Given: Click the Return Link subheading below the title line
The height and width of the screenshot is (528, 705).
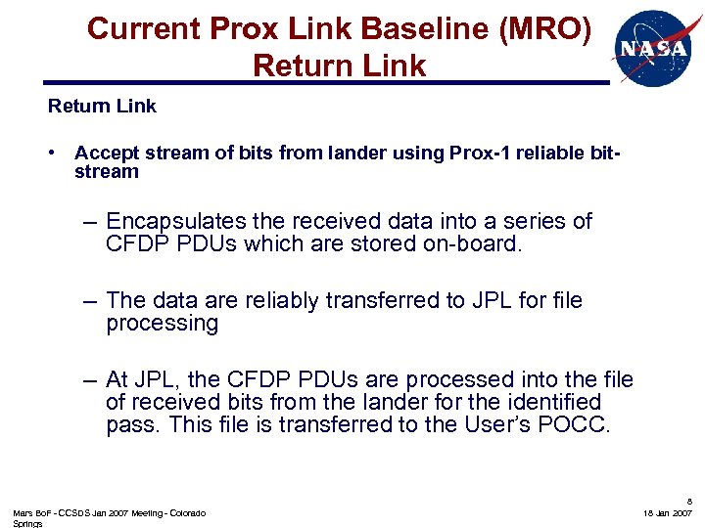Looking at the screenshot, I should (102, 106).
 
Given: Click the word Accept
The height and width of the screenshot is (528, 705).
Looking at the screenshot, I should (104, 154).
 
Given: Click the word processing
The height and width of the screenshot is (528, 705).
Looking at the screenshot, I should (162, 324).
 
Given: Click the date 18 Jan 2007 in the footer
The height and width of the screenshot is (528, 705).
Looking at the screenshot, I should (668, 513).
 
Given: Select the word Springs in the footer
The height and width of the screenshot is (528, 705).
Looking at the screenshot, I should (28, 523).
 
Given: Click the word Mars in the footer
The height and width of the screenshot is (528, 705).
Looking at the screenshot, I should (23, 513).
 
